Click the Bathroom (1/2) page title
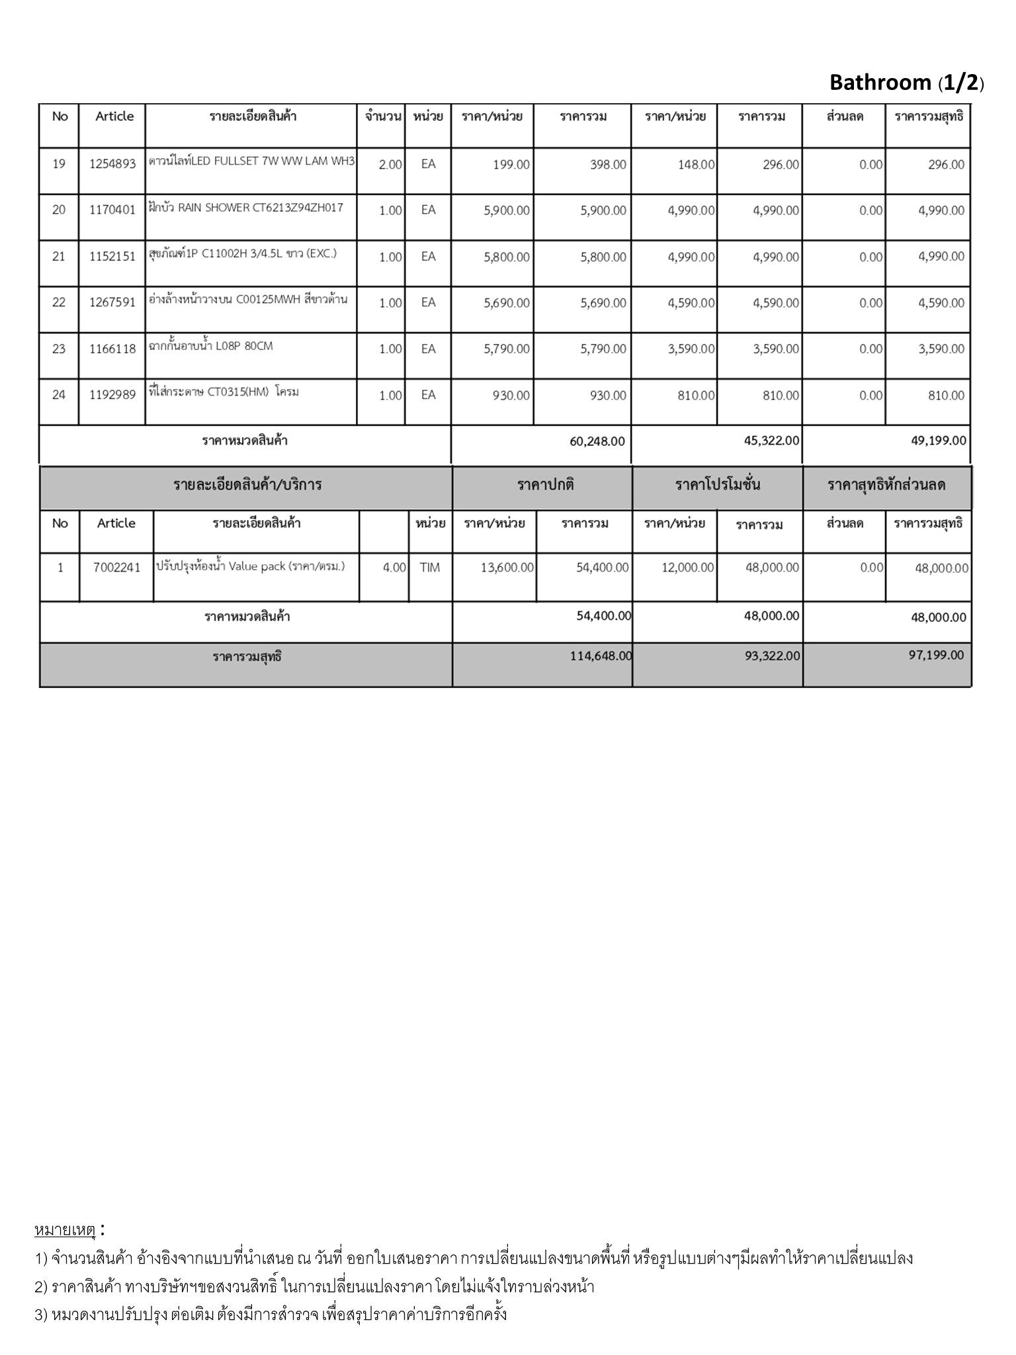(x=906, y=83)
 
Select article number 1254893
(x=112, y=164)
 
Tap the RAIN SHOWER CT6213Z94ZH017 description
(x=246, y=208)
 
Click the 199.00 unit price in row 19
(x=511, y=165)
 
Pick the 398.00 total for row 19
(x=608, y=165)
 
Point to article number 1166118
(x=112, y=349)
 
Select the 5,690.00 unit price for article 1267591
(x=507, y=303)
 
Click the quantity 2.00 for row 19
(x=390, y=165)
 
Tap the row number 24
(x=59, y=395)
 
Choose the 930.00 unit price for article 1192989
(x=511, y=396)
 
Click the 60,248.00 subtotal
(x=597, y=441)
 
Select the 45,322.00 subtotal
(x=771, y=441)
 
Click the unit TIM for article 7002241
(x=429, y=568)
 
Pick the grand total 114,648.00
(x=601, y=656)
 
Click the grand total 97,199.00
(x=936, y=655)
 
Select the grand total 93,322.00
(x=772, y=656)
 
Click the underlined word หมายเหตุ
(x=65, y=1230)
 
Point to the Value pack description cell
(x=251, y=566)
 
